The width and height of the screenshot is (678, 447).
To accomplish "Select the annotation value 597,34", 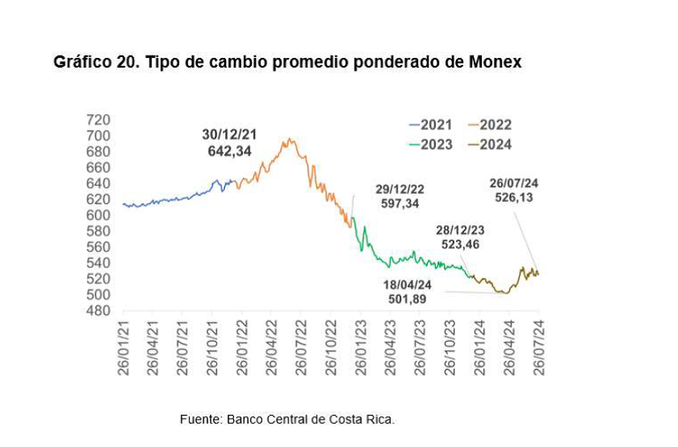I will (x=400, y=204).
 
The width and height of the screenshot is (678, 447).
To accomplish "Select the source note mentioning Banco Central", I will (x=287, y=420).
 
